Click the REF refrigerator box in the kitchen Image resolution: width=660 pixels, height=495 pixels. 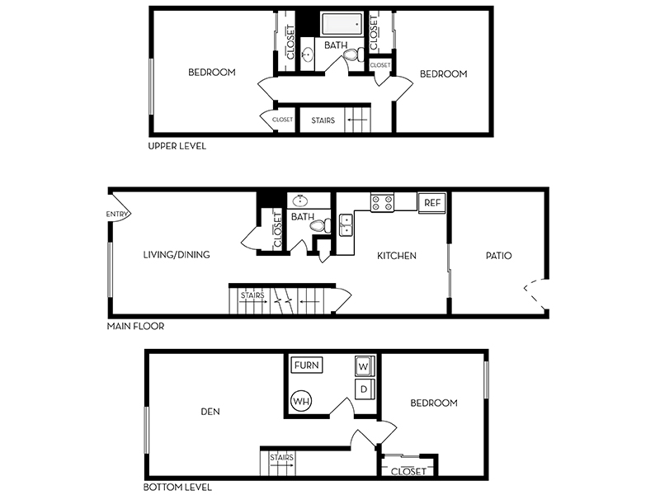click(x=431, y=203)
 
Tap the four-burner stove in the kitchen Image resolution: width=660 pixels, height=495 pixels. click(x=382, y=202)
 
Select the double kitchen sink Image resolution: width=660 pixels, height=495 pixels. click(x=346, y=224)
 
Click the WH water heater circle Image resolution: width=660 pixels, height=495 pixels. click(x=301, y=401)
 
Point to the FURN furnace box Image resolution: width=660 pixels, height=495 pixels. click(x=307, y=365)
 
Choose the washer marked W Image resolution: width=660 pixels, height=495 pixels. click(x=364, y=366)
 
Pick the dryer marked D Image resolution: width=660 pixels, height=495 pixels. click(x=364, y=389)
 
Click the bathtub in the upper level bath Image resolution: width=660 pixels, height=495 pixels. click(x=342, y=24)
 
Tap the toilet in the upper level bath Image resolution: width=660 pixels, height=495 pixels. click(x=353, y=54)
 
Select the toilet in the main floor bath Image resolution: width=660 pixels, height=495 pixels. click(x=321, y=226)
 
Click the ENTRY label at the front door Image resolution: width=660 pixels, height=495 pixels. click(x=116, y=214)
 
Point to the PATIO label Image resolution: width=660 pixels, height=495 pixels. click(x=499, y=256)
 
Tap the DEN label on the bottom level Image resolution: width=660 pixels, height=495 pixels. click(x=210, y=411)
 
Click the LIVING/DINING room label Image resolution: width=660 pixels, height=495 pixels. click(x=177, y=255)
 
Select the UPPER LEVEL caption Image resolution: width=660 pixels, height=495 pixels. click(x=177, y=146)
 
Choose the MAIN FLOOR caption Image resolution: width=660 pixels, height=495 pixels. click(x=135, y=326)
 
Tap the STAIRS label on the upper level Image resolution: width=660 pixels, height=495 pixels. click(x=323, y=120)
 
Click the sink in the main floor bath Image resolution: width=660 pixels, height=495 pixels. click(x=300, y=200)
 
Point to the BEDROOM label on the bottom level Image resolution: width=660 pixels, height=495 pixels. click(x=434, y=403)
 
